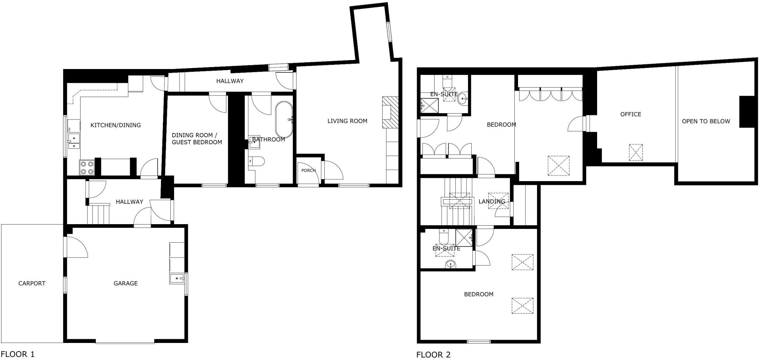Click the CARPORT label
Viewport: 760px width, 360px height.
32,283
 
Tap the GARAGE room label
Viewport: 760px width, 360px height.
125,283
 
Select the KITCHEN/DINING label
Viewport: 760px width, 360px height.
115,125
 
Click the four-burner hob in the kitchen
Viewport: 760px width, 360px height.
87,167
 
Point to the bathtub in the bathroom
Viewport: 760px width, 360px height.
284,120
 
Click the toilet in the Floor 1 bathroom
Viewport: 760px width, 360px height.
256,161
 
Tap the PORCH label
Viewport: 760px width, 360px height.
308,170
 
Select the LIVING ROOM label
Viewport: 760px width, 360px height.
347,121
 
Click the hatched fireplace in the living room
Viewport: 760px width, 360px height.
390,112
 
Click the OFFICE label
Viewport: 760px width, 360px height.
630,114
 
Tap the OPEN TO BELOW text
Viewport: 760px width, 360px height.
705,121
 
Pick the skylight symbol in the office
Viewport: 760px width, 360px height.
636,153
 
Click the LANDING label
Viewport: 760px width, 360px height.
492,202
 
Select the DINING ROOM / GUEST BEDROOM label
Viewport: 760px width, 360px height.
197,139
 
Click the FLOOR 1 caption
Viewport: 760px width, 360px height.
17,354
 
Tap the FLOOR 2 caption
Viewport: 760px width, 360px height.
433,355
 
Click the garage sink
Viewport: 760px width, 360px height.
177,278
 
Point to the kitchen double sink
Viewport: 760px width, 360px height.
74,142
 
